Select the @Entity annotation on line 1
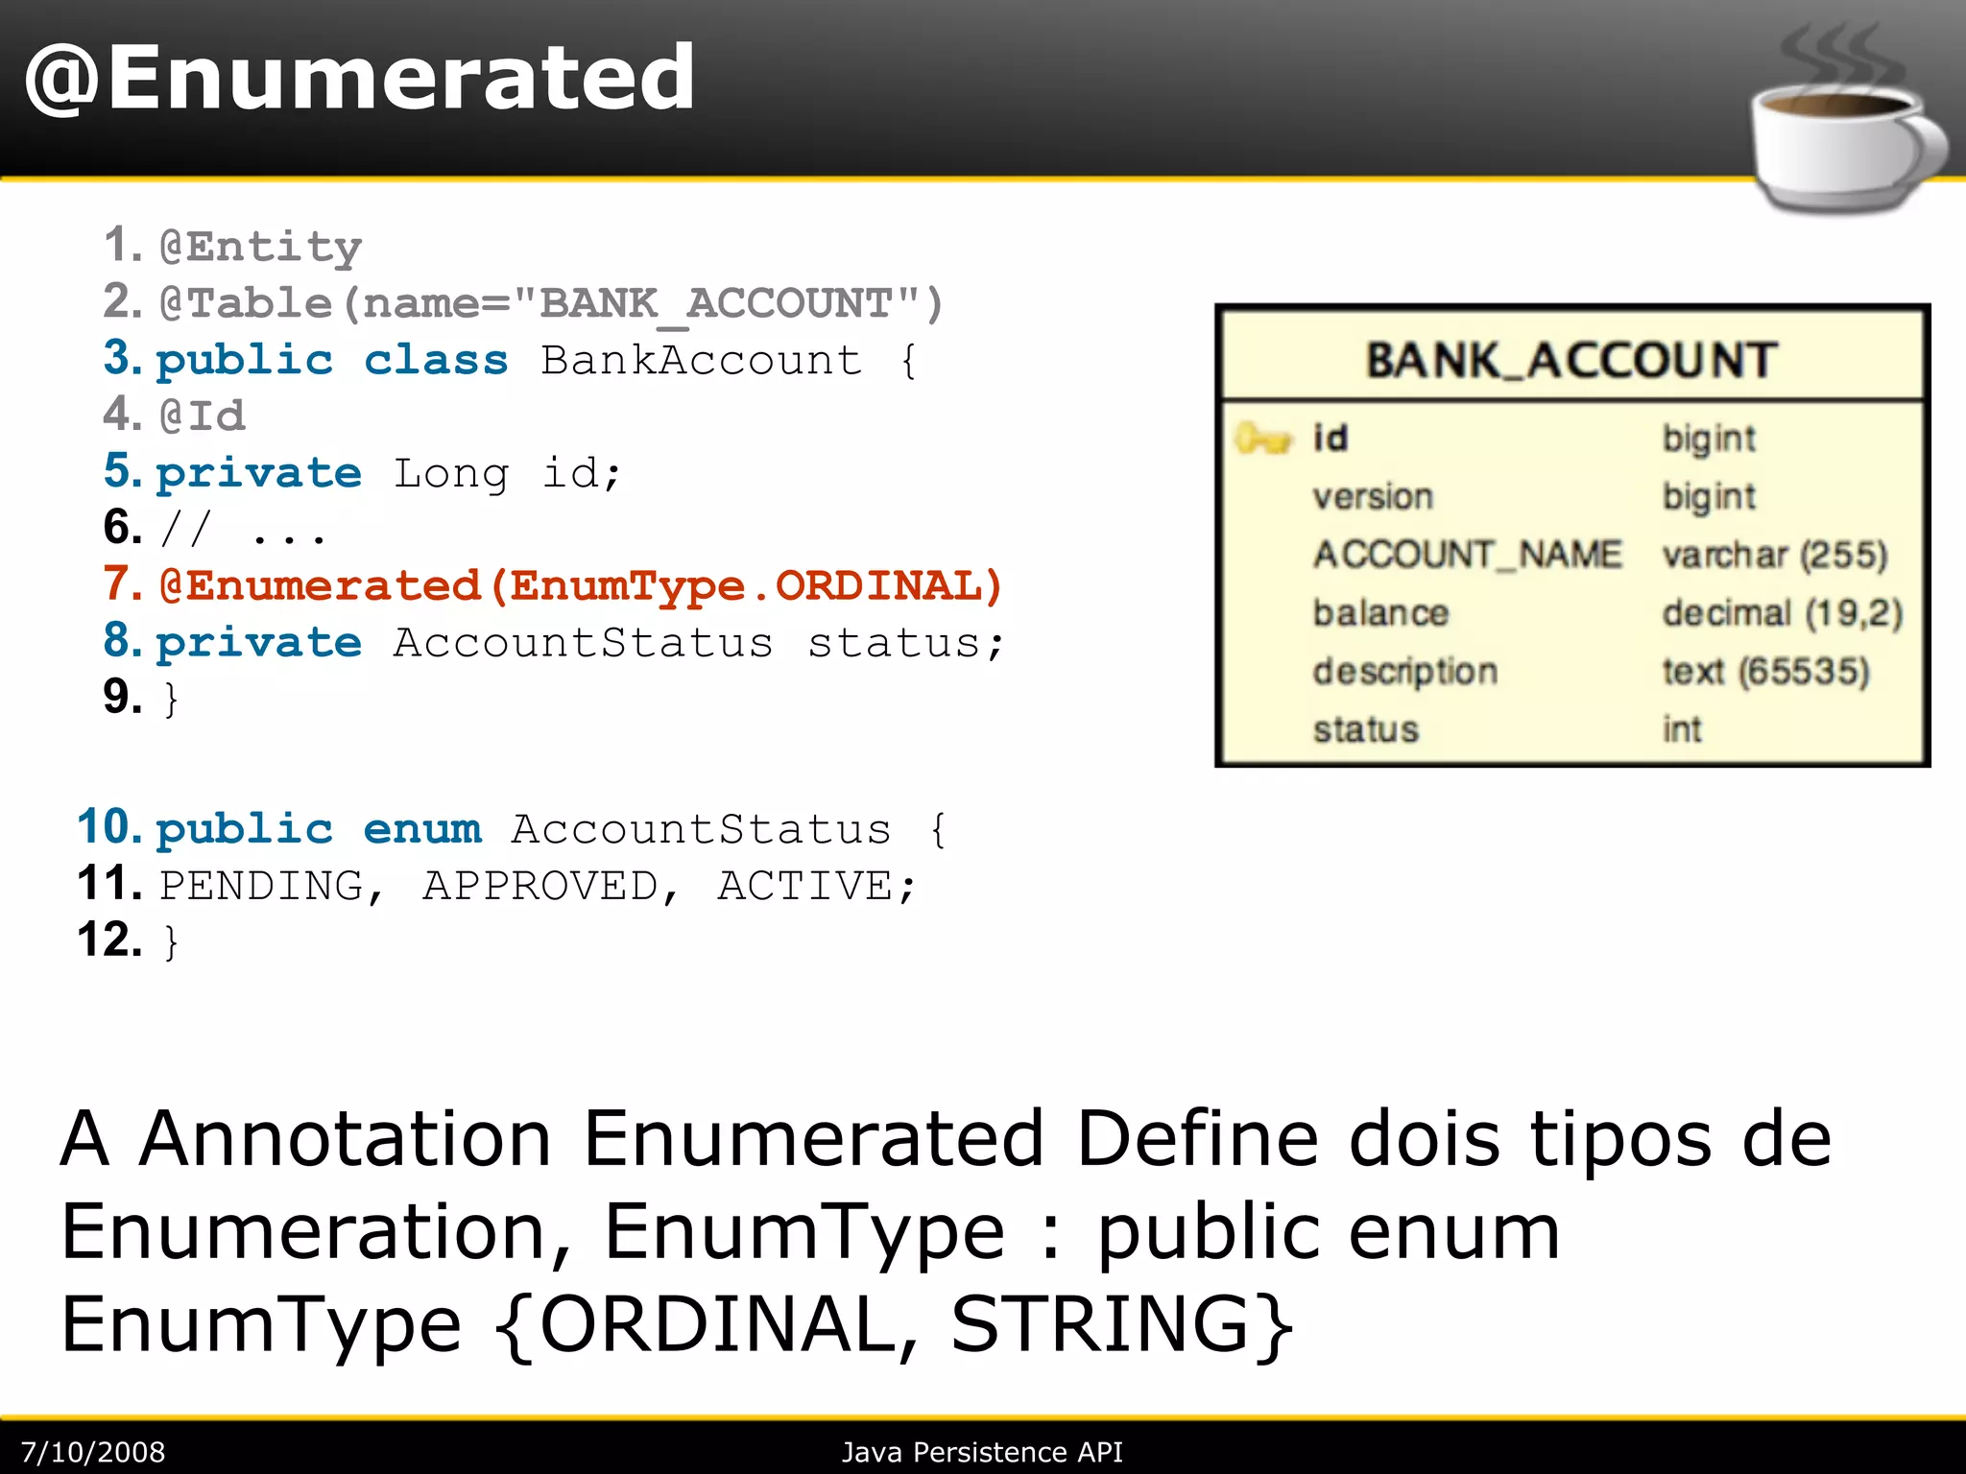[261, 248]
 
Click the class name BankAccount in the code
[701, 361]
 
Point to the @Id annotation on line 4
[204, 416]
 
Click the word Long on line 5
[451, 474]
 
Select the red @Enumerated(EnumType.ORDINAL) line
[581, 586]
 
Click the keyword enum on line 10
[422, 829]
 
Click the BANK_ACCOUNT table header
[1571, 361]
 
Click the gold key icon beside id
[1261, 440]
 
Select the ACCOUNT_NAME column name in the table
[1467, 555]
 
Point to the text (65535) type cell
[1765, 672]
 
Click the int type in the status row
[1682, 729]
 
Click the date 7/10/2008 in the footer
[93, 1452]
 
